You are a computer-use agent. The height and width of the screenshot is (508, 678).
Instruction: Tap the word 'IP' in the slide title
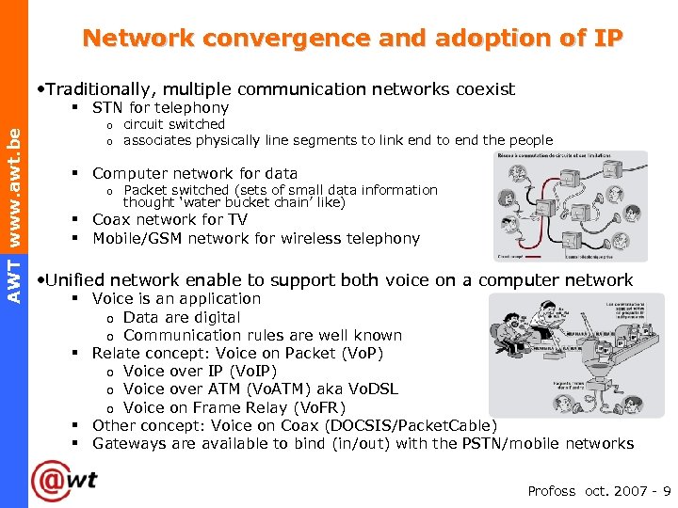[x=608, y=39]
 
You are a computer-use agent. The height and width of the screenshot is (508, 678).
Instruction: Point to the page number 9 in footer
[x=667, y=491]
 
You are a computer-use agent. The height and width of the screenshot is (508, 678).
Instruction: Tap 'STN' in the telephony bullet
[x=109, y=107]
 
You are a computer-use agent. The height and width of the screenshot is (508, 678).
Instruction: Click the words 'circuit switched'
[x=174, y=124]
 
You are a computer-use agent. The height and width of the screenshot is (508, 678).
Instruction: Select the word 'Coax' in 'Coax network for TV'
[x=111, y=219]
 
